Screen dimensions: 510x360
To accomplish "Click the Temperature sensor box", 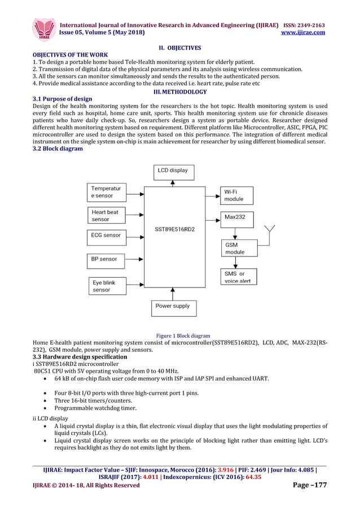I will (107, 191).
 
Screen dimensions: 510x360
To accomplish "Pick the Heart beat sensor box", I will (107, 215).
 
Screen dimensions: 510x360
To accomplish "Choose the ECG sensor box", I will (107, 235).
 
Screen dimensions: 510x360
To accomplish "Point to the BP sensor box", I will (107, 259).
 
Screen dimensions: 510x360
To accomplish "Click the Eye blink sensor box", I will (107, 286).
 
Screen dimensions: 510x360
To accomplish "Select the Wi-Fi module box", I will (236, 195).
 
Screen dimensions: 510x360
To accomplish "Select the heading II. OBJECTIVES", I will (179, 48).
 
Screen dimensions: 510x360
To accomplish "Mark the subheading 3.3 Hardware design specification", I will (80, 357).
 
